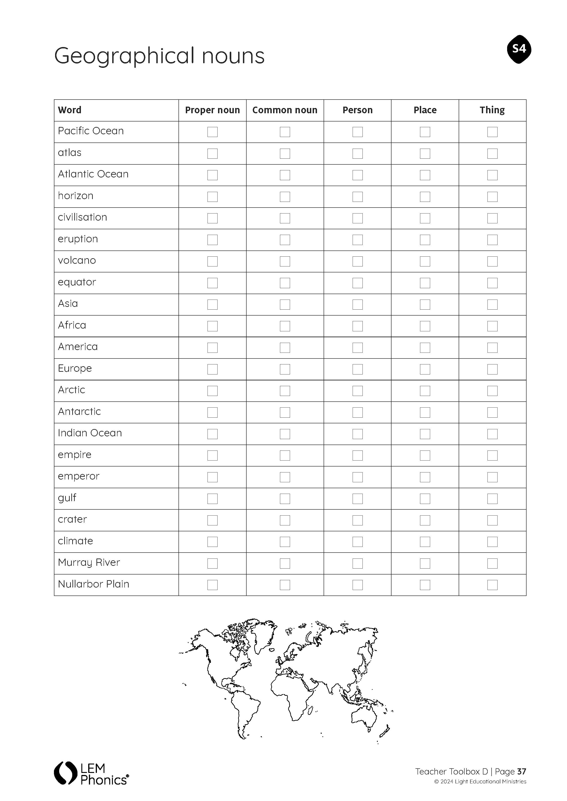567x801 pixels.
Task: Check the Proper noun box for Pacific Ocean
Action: click(212, 132)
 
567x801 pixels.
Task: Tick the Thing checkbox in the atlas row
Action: click(492, 153)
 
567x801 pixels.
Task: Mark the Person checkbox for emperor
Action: click(357, 477)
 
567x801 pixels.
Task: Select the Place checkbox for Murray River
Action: click(425, 564)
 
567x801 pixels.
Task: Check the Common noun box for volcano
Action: click(285, 261)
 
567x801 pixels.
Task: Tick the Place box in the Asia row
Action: click(425, 305)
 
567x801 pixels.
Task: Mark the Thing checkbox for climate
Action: click(492, 542)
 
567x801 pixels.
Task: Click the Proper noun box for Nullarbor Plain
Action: click(212, 585)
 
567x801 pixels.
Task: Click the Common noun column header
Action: click(285, 110)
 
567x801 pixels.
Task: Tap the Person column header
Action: click(357, 110)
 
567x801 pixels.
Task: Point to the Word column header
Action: click(70, 110)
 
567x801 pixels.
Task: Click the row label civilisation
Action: click(83, 217)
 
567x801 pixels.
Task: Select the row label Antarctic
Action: click(79, 412)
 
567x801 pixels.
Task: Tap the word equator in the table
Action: click(77, 282)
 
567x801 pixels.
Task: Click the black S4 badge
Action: click(519, 49)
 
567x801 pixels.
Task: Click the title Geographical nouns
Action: click(159, 56)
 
